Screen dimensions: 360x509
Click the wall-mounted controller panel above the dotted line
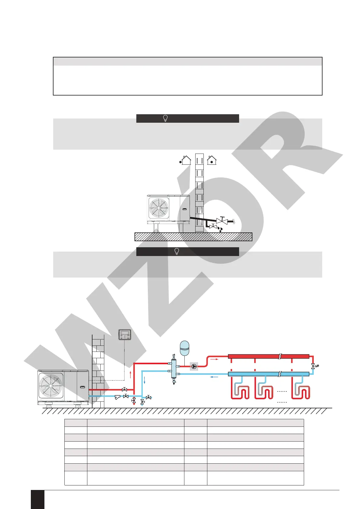click(125, 335)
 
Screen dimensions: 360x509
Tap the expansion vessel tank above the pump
click(184, 348)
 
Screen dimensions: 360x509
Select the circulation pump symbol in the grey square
click(194, 367)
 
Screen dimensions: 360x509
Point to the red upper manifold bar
click(268, 356)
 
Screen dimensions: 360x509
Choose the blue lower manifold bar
click(268, 374)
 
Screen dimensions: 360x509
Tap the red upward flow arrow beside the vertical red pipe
click(130, 375)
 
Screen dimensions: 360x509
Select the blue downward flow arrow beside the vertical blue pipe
click(144, 380)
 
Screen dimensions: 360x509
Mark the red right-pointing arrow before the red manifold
click(214, 359)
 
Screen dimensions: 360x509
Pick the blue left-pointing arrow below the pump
click(214, 377)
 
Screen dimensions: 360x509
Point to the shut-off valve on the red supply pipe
click(124, 390)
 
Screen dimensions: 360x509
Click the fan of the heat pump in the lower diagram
click(51, 386)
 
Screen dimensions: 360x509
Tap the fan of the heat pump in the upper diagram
click(159, 208)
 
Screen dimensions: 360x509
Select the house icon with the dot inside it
click(212, 160)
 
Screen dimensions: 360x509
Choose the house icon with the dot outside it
click(186, 160)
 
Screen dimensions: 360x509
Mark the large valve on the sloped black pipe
click(222, 221)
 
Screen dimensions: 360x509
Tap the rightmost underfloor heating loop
click(301, 391)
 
